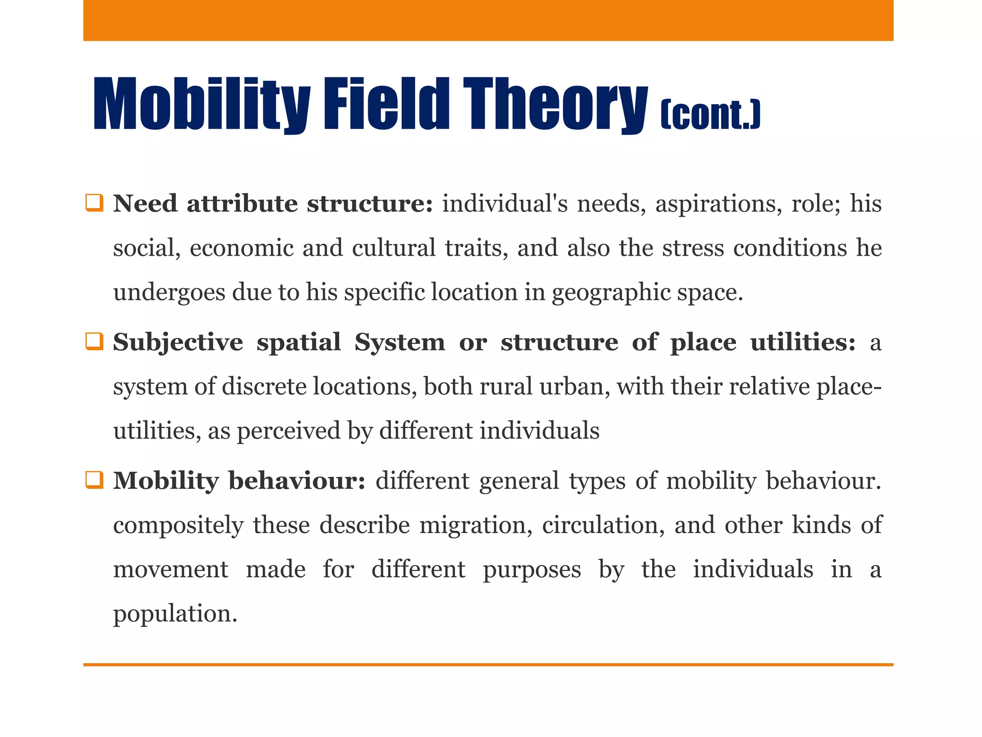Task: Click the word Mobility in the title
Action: click(201, 104)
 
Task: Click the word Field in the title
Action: click(386, 104)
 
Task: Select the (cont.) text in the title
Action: click(710, 115)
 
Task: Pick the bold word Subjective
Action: click(178, 343)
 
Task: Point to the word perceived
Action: click(289, 431)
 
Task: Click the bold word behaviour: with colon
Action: click(297, 480)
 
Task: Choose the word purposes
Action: click(532, 570)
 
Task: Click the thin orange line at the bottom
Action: click(488, 665)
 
